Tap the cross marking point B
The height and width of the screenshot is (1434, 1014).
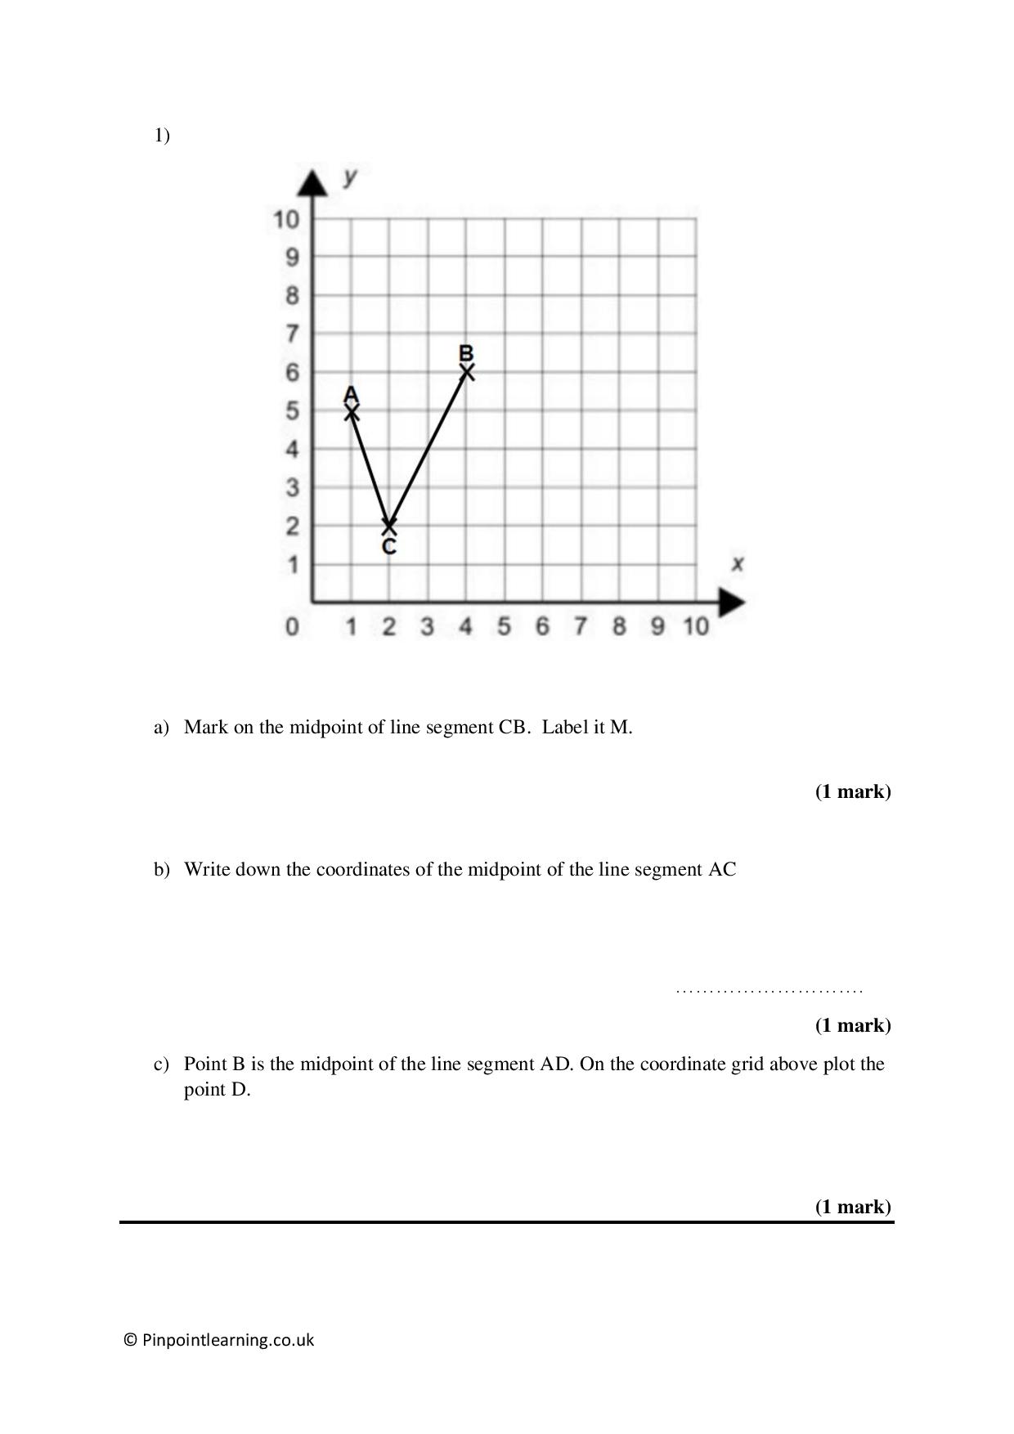[467, 372]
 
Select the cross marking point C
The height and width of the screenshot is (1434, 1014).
[389, 526]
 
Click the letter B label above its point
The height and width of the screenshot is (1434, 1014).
[466, 353]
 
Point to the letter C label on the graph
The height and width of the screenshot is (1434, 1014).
[389, 546]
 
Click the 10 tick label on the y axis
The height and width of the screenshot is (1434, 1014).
[286, 219]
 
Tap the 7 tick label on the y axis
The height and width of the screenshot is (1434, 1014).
[292, 334]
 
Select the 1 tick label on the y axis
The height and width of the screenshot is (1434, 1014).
[292, 565]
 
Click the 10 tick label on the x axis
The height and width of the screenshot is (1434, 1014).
[696, 626]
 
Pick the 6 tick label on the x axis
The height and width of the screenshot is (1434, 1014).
[542, 626]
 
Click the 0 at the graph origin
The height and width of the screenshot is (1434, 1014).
[292, 627]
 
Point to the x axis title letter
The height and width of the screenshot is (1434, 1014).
[738, 563]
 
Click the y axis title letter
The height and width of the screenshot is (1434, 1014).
[350, 177]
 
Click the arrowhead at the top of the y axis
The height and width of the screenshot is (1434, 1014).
[312, 182]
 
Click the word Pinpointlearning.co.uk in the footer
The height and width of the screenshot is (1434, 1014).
[227, 1340]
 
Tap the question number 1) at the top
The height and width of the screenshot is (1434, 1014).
[162, 136]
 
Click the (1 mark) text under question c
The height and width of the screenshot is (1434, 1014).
[853, 1207]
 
